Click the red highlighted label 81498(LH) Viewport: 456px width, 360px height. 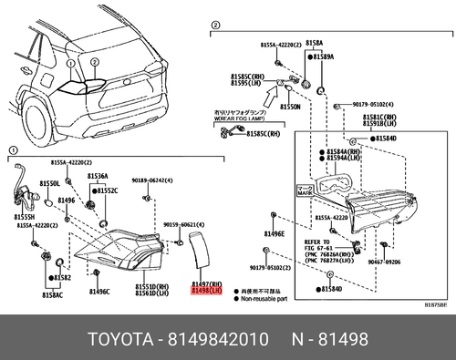point(206,293)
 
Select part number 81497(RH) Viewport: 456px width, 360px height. point(206,285)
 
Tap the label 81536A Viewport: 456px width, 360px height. point(98,176)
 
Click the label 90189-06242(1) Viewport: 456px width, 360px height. point(151,180)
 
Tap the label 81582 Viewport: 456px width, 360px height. point(62,276)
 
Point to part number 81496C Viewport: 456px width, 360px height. point(98,292)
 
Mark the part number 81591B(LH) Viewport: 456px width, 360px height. point(381,124)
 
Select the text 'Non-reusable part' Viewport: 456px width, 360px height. point(264,298)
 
